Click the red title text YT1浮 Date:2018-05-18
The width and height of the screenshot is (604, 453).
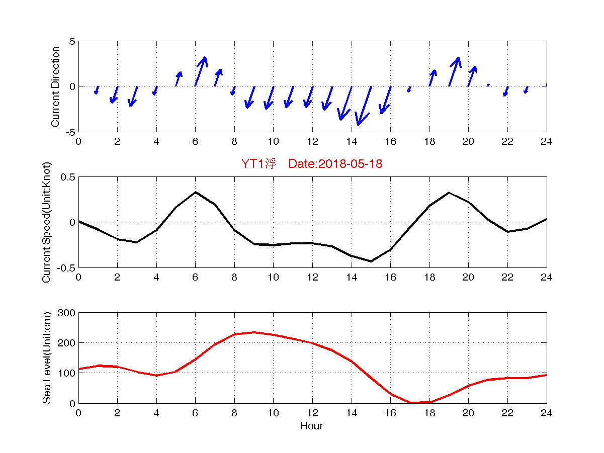pyautogui.click(x=312, y=164)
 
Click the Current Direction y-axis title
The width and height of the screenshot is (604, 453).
pyautogui.click(x=55, y=86)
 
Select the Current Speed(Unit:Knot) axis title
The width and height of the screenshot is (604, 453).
pyautogui.click(x=47, y=222)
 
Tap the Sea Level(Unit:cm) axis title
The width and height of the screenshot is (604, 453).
pyautogui.click(x=47, y=358)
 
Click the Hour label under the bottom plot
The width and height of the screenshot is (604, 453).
pyautogui.click(x=311, y=426)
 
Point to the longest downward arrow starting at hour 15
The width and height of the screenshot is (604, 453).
pyautogui.click(x=364, y=106)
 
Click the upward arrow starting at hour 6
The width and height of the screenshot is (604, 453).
pyautogui.click(x=200, y=71)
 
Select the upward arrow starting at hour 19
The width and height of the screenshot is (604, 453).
pyautogui.click(x=454, y=71)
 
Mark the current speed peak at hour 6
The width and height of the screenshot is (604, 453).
pyautogui.click(x=196, y=192)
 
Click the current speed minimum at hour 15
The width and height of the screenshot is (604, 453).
pyautogui.click(x=371, y=261)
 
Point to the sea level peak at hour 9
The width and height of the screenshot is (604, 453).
pyautogui.click(x=254, y=332)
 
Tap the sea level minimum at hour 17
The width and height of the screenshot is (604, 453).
pyautogui.click(x=410, y=402)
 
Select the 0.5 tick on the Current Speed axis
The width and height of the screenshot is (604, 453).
pyautogui.click(x=68, y=177)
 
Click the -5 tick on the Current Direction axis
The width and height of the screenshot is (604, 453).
pyautogui.click(x=69, y=132)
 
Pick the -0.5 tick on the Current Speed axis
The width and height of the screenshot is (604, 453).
pyautogui.click(x=66, y=267)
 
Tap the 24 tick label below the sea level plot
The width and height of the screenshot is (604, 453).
pyautogui.click(x=546, y=413)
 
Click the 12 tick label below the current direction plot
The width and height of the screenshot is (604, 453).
pyautogui.click(x=312, y=141)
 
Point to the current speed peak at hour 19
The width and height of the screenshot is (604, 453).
pyautogui.click(x=449, y=193)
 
